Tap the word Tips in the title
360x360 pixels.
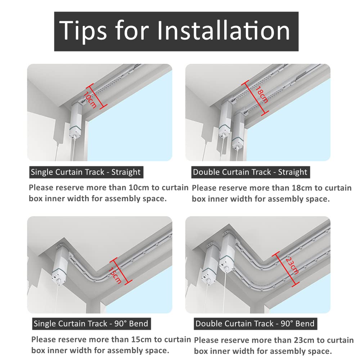click(x=83, y=31)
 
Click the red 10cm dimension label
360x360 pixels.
click(x=90, y=100)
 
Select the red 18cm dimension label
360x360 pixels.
click(x=261, y=95)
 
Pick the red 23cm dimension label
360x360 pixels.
click(x=292, y=266)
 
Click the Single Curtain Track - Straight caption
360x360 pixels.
click(x=86, y=172)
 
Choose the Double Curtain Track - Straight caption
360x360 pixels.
click(x=250, y=172)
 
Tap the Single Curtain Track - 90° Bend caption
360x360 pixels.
click(x=91, y=324)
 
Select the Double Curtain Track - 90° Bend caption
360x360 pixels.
click(x=255, y=324)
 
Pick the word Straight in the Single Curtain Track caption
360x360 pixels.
click(x=126, y=172)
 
